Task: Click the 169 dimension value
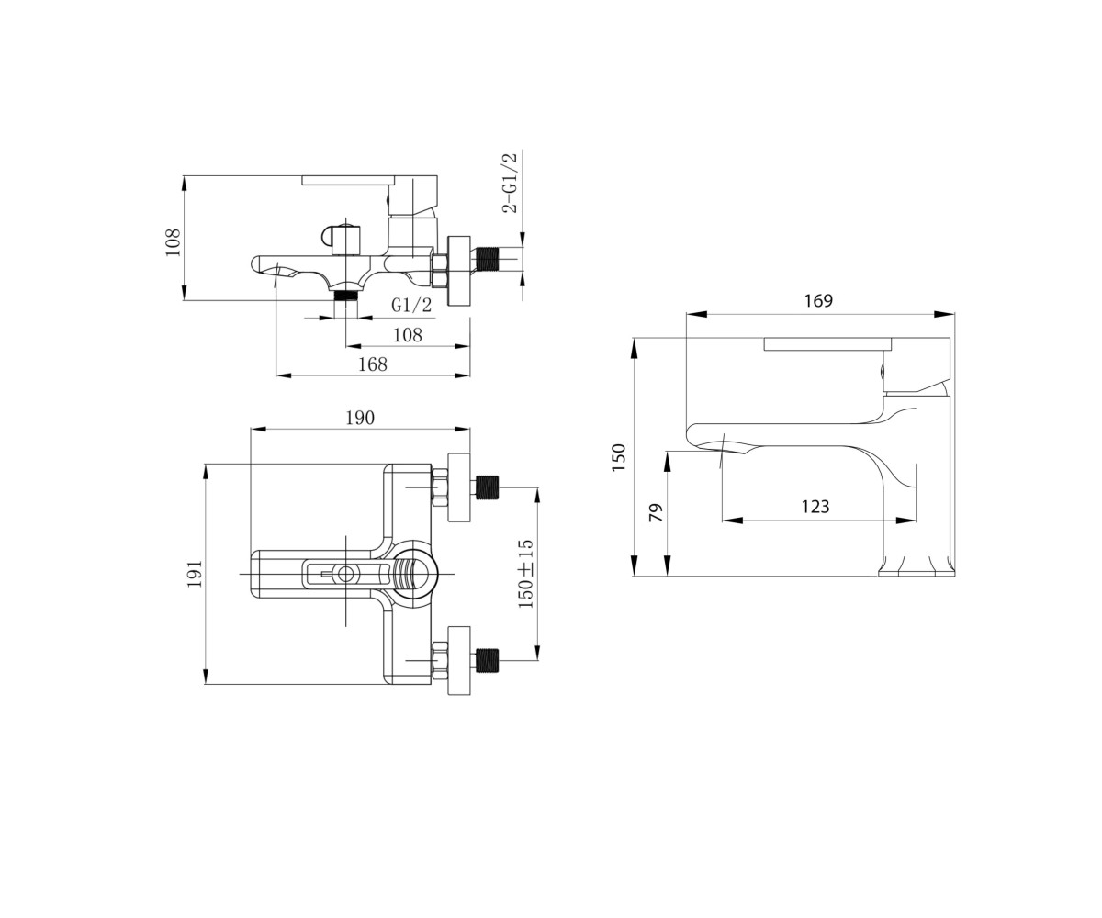click(818, 301)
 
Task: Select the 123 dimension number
click(815, 507)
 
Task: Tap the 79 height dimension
click(655, 513)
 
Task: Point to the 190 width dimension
click(360, 418)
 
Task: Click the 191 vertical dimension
click(195, 574)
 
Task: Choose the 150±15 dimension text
click(525, 574)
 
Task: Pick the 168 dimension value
click(373, 364)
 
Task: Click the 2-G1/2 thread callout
click(511, 182)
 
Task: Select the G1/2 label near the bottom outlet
click(411, 305)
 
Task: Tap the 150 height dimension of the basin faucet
click(618, 458)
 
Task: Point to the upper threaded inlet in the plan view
click(487, 487)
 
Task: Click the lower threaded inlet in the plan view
click(487, 661)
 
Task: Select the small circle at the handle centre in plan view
click(345, 574)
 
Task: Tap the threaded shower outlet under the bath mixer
click(346, 295)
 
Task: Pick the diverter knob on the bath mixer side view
click(341, 240)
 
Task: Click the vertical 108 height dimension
click(174, 242)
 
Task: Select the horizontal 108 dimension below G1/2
click(408, 334)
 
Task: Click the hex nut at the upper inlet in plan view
click(440, 487)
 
